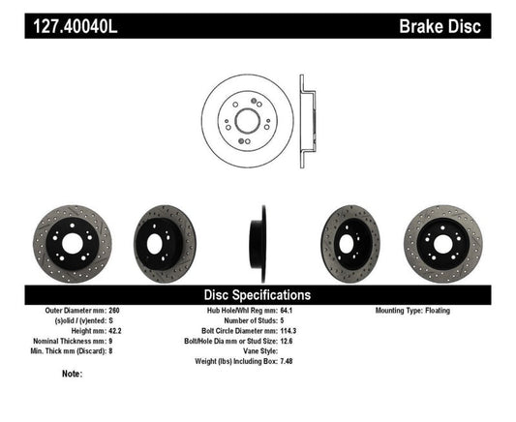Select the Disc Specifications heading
pos(257,294)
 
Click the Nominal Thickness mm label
pos(70,341)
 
